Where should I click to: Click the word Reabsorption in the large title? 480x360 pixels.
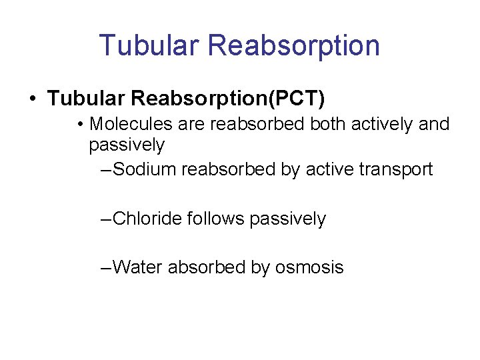294,46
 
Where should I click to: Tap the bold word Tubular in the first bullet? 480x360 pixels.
87,99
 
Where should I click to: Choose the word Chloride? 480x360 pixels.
148,219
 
